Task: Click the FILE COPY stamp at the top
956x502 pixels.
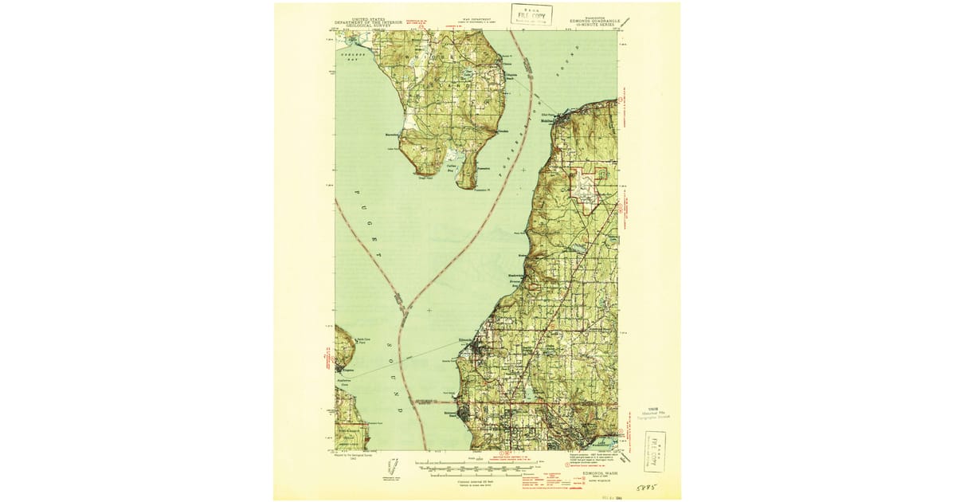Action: pos(531,14)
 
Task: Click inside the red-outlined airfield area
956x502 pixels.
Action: pos(588,191)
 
